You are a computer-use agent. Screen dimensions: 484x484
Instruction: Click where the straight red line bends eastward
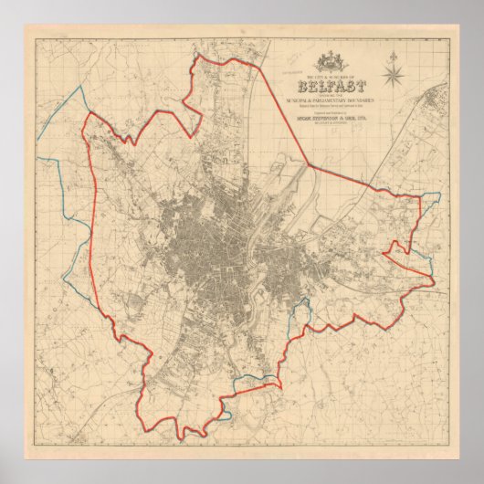click(x=309, y=163)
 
